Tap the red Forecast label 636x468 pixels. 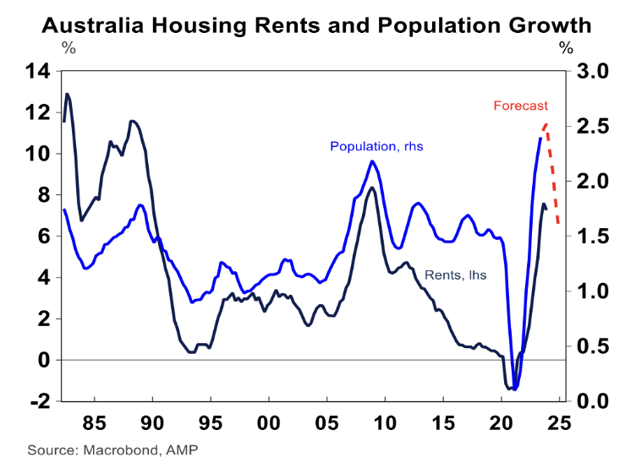tap(521, 106)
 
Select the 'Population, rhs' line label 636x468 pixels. tap(376, 146)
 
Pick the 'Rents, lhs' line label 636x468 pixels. tap(455, 275)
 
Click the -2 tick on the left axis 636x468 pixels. tap(38, 400)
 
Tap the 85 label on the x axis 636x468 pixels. tap(94, 420)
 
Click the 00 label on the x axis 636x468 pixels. tap(268, 420)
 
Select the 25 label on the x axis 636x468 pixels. tap(559, 420)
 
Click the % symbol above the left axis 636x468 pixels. tap(69, 47)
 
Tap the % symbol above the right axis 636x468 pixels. tap(565, 47)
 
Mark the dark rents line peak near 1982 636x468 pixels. tap(67, 94)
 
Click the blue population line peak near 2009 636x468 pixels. tap(372, 161)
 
